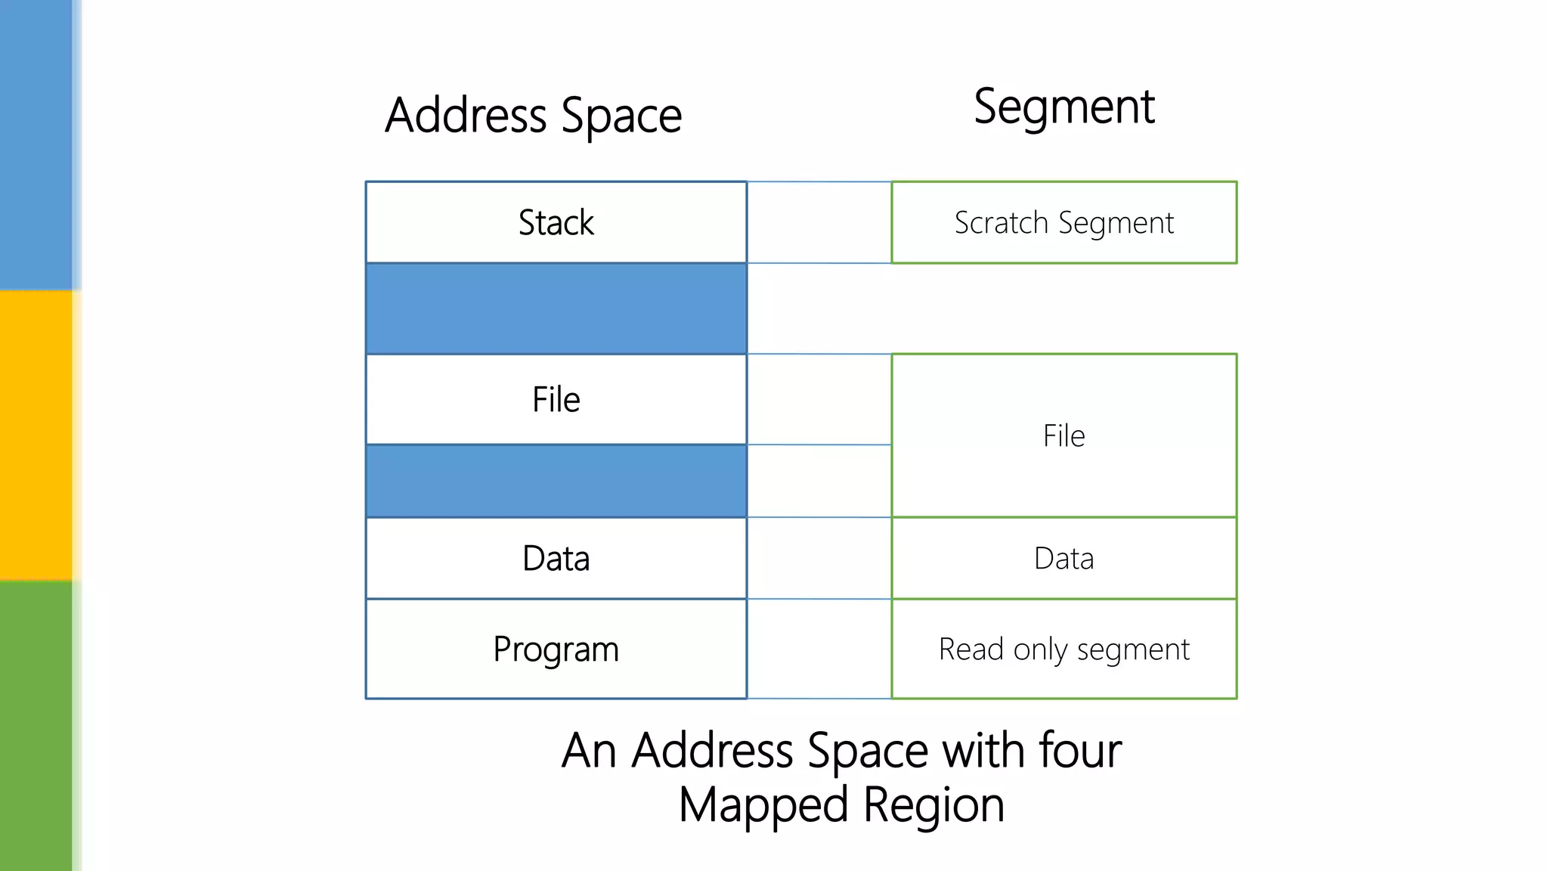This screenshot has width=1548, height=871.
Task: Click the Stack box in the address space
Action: [556, 222]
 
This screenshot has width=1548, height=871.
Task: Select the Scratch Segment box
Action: [1063, 222]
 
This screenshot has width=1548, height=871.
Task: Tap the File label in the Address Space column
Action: [556, 399]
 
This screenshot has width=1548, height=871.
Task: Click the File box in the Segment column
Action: [1063, 435]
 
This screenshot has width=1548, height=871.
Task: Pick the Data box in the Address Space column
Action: [556, 558]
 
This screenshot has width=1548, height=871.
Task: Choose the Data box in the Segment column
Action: [1063, 558]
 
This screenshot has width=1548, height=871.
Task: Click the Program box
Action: [556, 649]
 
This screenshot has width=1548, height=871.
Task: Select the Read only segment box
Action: [1063, 649]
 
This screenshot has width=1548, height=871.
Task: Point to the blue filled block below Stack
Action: [556, 308]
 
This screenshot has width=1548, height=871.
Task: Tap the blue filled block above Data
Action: [556, 481]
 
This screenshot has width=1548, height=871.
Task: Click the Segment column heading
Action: [1063, 107]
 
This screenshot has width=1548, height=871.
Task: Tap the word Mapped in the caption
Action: [763, 805]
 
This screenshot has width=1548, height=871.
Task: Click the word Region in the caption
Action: [933, 805]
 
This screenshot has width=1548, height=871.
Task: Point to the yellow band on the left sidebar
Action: [36, 435]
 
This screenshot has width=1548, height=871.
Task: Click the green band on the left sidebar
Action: [36, 726]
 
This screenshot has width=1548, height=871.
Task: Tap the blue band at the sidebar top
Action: [36, 144]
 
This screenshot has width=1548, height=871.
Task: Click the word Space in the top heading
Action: [621, 117]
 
